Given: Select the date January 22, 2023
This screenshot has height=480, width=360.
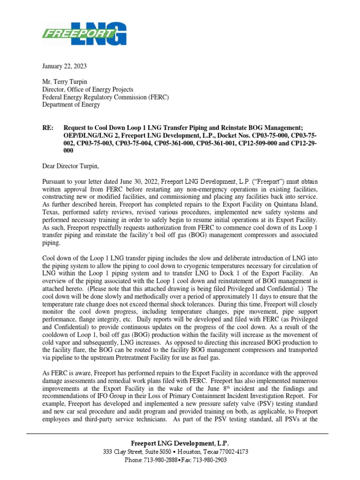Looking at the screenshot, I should tap(64, 67).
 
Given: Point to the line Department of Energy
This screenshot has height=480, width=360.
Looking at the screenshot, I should tap(71, 105).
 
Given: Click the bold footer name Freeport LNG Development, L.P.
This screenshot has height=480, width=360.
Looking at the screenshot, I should tap(180, 443).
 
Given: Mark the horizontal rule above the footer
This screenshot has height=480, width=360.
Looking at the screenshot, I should tap(180, 435).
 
